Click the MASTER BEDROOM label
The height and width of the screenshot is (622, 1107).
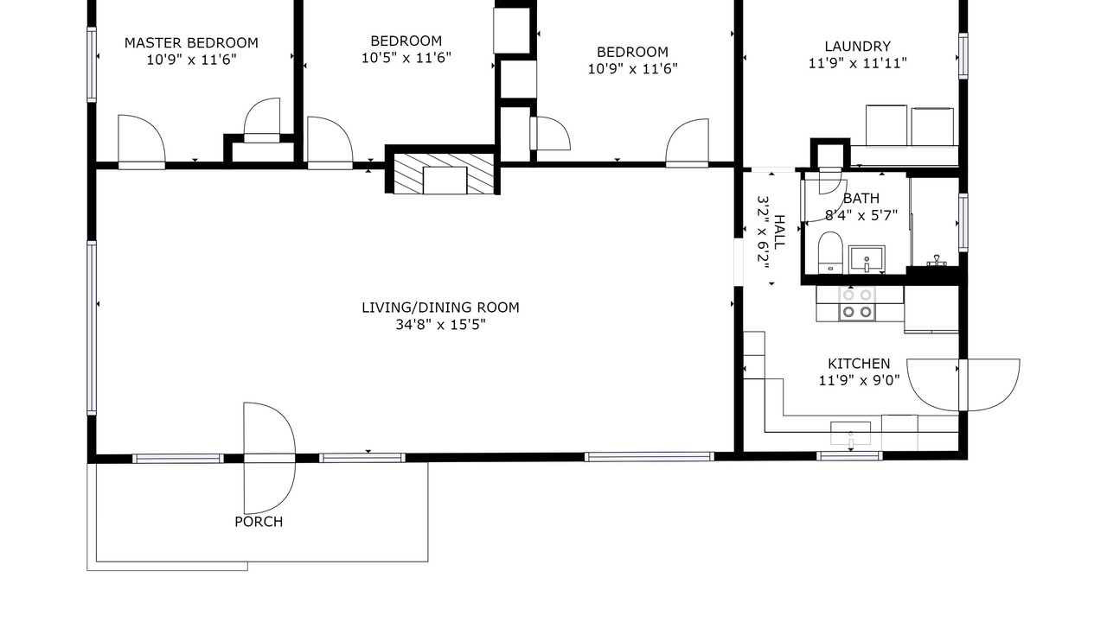[191, 43]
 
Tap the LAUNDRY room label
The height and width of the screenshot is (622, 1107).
[857, 47]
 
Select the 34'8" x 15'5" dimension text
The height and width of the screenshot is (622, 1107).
[440, 325]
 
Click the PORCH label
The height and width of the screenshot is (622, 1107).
[259, 522]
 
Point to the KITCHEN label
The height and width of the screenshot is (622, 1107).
[859, 364]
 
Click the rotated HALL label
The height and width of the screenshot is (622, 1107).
[779, 232]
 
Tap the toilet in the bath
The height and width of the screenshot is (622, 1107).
[830, 253]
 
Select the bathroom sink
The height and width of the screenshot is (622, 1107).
[867, 260]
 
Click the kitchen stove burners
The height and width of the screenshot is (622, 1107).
[857, 303]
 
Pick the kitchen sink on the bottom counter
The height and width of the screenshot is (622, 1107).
[850, 434]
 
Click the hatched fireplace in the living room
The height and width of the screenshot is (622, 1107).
[444, 174]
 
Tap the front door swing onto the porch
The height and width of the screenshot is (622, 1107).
[269, 458]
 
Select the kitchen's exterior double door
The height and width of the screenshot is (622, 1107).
[963, 385]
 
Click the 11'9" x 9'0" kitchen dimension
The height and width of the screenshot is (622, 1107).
[859, 381]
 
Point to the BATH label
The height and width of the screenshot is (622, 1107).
[861, 199]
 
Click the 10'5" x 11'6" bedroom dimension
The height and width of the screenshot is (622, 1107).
[406, 58]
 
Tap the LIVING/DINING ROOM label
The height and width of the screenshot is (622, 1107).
[440, 308]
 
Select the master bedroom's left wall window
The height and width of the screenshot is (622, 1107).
[92, 65]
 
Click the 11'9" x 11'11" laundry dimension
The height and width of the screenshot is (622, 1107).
[857, 64]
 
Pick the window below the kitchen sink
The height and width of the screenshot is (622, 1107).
[849, 456]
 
